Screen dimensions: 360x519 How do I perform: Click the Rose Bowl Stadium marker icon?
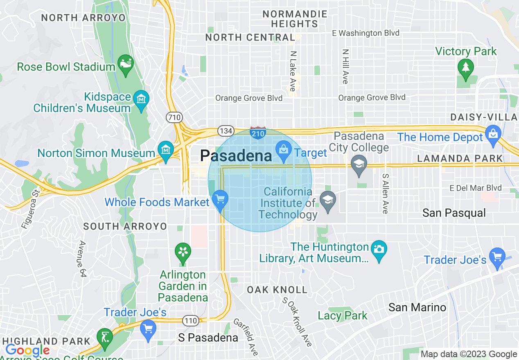pyautogui.click(x=126, y=63)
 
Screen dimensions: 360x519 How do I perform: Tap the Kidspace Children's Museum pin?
pyautogui.click(x=141, y=99)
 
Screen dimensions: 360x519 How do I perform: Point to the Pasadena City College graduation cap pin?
pyautogui.click(x=359, y=164)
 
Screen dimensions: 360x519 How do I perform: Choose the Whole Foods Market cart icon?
pyautogui.click(x=220, y=199)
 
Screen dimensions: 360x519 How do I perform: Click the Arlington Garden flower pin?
pyautogui.click(x=183, y=251)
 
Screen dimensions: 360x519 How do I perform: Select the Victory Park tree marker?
pyautogui.click(x=465, y=66)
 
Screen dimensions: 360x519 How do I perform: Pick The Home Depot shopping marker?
pyautogui.click(x=493, y=134)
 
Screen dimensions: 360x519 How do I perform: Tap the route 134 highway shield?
pyautogui.click(x=226, y=131)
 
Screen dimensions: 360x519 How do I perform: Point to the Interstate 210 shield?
pyautogui.click(x=258, y=133)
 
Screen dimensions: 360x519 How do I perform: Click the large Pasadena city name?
pyautogui.click(x=236, y=156)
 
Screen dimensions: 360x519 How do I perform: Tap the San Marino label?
pyautogui.click(x=417, y=307)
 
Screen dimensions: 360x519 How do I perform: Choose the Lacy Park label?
pyautogui.click(x=343, y=315)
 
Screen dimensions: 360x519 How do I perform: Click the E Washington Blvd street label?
pyautogui.click(x=366, y=33)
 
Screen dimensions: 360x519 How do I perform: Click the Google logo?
pyautogui.click(x=27, y=350)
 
